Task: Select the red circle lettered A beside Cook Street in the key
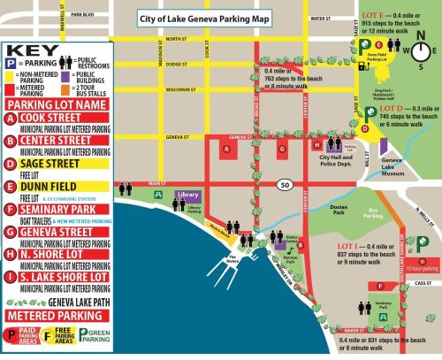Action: pos(10,118)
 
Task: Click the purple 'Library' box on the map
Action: pos(187,195)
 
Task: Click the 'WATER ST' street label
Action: pos(319,18)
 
